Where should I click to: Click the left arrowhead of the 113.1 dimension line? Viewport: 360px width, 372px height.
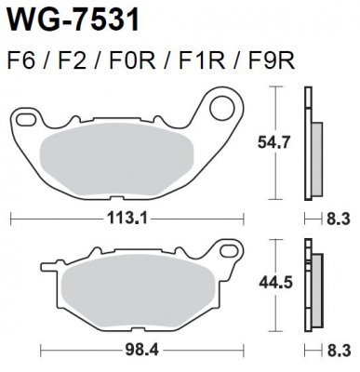(12, 219)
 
